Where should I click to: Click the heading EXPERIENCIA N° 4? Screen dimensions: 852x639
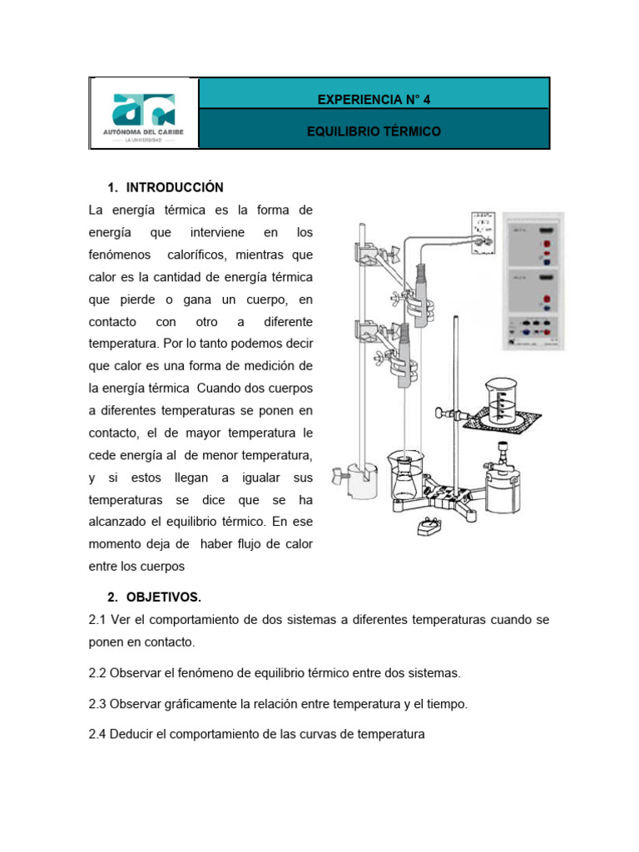click(374, 99)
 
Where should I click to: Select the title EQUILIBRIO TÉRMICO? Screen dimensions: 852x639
click(374, 131)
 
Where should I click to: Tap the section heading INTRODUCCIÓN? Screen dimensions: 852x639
click(175, 187)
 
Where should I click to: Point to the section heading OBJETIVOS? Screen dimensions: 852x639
click(164, 597)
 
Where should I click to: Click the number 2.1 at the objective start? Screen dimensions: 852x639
click(97, 620)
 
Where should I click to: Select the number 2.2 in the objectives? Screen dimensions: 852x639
click(97, 672)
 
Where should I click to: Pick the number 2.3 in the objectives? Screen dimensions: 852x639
click(97, 704)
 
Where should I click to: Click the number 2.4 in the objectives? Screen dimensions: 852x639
click(97, 735)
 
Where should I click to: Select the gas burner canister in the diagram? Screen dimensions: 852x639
click(503, 483)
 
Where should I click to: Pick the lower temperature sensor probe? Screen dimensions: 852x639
click(406, 354)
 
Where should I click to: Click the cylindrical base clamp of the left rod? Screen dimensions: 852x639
click(361, 482)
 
